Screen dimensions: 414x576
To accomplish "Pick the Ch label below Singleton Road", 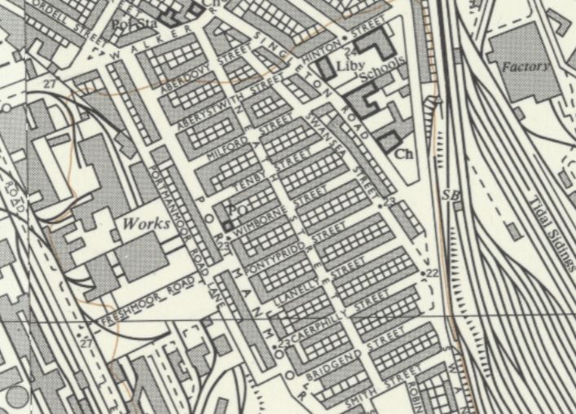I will [x=401, y=152].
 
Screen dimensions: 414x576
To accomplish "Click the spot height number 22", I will [x=431, y=271].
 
